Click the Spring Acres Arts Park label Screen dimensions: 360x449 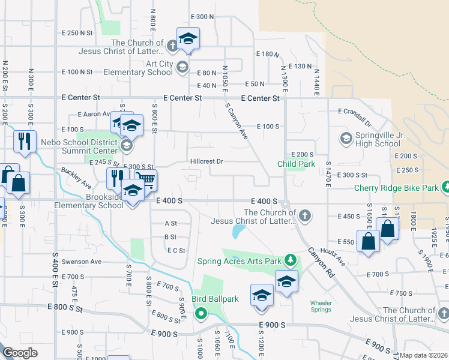[x=240, y=261]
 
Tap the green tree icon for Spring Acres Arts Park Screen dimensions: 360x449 [x=291, y=259]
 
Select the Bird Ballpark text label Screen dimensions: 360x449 [x=215, y=299]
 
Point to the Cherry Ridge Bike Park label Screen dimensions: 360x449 [x=396, y=188]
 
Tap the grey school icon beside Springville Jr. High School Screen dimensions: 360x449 [x=346, y=139]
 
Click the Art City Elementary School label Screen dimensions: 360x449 [x=137, y=68]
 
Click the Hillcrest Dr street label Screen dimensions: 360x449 [x=206, y=161]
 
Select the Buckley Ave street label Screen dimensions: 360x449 [x=76, y=178]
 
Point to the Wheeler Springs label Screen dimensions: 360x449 [x=321, y=306]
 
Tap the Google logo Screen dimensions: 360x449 [x=20, y=353]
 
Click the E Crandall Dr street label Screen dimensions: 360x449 [x=360, y=112]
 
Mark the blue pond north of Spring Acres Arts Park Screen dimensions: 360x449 [x=238, y=230]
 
